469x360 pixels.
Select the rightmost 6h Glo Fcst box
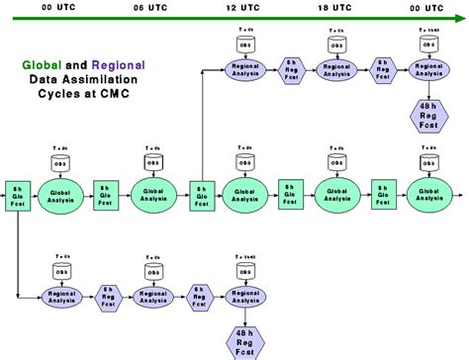[x=383, y=192]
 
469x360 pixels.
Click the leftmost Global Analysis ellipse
[x=62, y=192]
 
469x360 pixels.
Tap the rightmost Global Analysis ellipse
[x=428, y=192]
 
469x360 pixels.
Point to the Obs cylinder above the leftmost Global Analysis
[x=62, y=160]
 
